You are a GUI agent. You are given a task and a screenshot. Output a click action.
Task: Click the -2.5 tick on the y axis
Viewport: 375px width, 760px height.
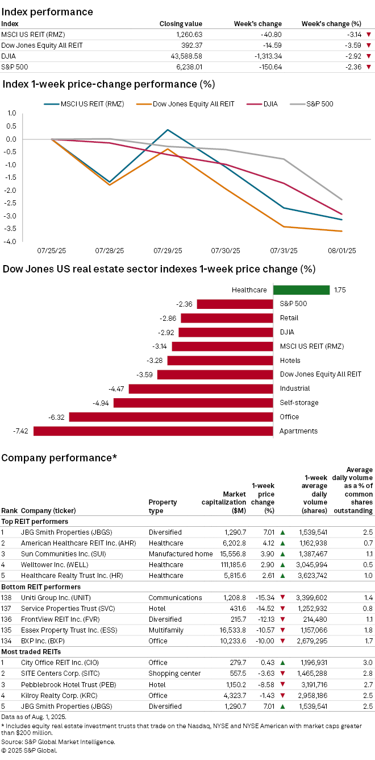point(9,203)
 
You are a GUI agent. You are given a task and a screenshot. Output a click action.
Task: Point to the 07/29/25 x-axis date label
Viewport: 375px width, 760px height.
point(168,250)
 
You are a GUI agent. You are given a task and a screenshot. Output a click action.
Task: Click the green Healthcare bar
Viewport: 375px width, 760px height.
point(301,290)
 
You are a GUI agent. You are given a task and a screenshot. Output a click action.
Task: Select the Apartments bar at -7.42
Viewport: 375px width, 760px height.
point(153,431)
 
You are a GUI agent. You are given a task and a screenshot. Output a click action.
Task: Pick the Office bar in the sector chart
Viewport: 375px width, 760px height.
point(171,417)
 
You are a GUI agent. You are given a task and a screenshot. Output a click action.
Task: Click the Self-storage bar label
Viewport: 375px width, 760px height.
point(299,403)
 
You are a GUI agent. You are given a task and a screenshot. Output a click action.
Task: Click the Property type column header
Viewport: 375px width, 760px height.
point(163,506)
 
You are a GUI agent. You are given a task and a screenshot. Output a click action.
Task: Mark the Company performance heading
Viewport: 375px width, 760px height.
point(59,458)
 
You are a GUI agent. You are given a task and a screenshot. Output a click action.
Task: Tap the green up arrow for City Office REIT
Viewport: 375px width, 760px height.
point(282,663)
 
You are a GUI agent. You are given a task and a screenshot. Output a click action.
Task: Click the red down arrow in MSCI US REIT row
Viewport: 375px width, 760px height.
point(369,35)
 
